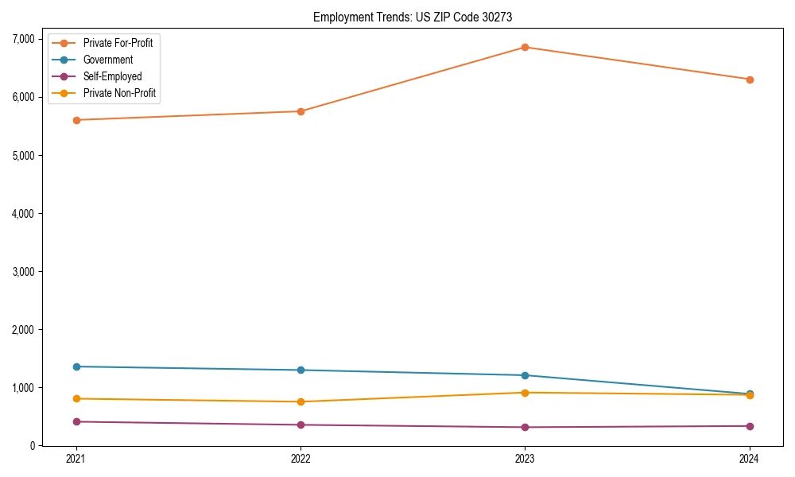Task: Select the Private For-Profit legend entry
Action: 118,43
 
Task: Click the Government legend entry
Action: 108,60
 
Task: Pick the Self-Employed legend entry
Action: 112,77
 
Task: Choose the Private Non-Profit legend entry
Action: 119,94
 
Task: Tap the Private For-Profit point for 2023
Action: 525,47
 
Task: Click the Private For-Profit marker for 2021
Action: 76,120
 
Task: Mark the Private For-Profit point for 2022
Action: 301,111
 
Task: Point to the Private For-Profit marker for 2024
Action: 750,79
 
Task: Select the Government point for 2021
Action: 76,366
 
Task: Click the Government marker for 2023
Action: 525,375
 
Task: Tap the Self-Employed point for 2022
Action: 301,425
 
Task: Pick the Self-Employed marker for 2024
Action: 750,426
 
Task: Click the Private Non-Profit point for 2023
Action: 525,393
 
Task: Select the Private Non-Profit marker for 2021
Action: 76,398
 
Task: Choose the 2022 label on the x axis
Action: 301,459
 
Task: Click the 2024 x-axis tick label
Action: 750,459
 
